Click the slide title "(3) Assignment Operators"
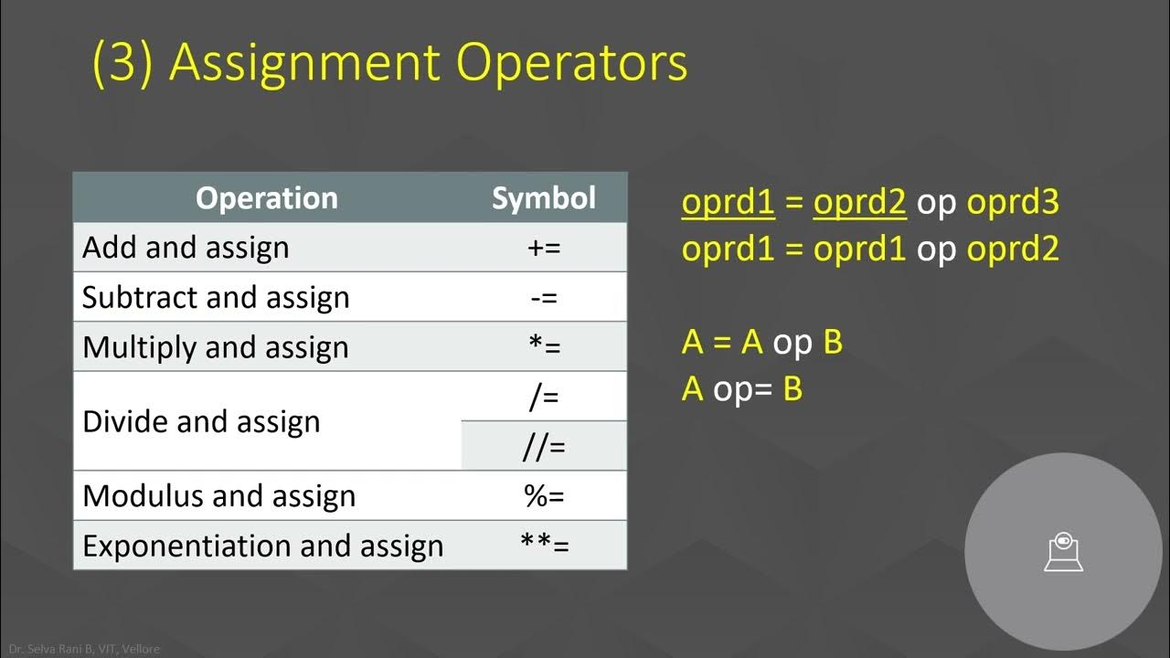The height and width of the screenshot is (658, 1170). click(x=389, y=62)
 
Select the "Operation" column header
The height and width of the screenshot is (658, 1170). click(x=266, y=198)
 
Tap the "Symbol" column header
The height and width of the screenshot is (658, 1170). click(x=543, y=198)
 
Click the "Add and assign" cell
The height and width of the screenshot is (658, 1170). click(x=186, y=248)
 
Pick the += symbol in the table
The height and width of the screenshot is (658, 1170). click(x=544, y=248)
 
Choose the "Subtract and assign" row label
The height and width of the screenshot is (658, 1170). click(x=216, y=297)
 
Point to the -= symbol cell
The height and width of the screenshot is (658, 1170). click(x=544, y=297)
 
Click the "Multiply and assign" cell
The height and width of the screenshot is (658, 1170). click(x=216, y=347)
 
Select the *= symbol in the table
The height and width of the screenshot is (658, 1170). click(x=544, y=347)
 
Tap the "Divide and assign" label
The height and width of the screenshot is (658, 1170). click(x=201, y=421)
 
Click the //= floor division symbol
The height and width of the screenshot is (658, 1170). click(x=544, y=447)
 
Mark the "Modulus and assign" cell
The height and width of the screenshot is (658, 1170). click(x=218, y=496)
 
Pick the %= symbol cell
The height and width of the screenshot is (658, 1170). click(x=544, y=496)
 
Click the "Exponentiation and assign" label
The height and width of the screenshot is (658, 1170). click(x=262, y=546)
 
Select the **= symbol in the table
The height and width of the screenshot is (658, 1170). click(x=544, y=546)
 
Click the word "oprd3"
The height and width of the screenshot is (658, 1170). click(x=1013, y=202)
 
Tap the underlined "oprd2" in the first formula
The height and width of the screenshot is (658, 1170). click(x=859, y=202)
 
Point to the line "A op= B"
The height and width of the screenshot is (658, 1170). click(x=742, y=389)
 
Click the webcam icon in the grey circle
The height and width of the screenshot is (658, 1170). click(x=1063, y=552)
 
